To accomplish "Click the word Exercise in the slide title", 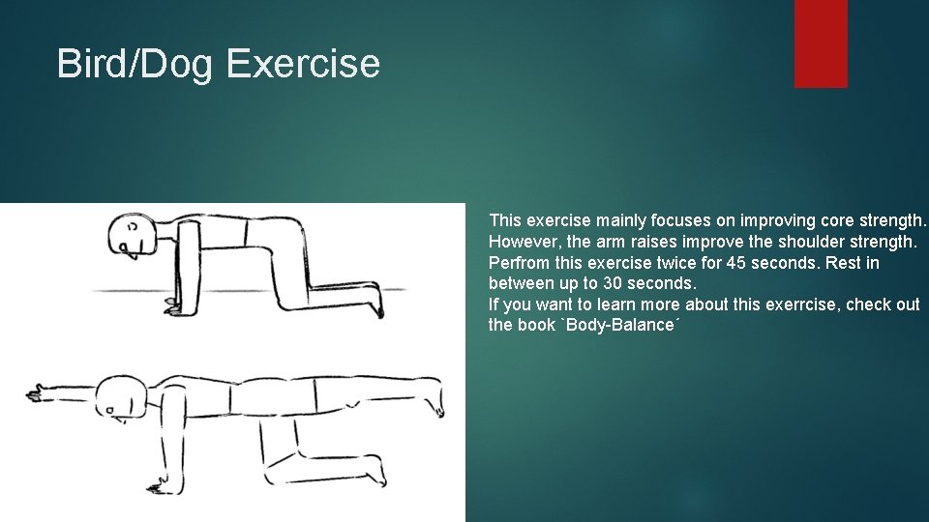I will point(302,64).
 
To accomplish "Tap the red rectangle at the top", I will point(821,43).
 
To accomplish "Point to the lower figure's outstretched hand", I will point(39,393).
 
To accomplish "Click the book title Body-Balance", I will point(622,325).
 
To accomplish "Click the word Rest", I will point(838,263).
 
